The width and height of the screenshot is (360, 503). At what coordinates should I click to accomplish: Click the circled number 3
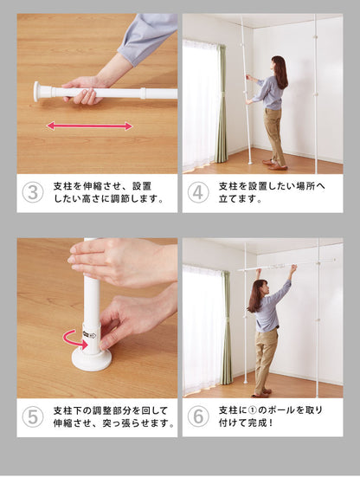click(x=33, y=192)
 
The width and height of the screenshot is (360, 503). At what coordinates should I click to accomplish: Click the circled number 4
click(x=198, y=192)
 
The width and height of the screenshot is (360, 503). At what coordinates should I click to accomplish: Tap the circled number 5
click(x=33, y=416)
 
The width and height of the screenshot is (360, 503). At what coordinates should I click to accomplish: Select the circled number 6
click(x=198, y=416)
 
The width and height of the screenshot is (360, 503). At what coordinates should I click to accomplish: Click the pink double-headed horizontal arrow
click(x=89, y=126)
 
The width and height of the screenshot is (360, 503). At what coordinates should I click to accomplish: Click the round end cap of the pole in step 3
click(x=37, y=92)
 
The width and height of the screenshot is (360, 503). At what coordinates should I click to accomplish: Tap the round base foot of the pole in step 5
click(x=92, y=360)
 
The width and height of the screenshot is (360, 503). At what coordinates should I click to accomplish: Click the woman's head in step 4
click(x=279, y=64)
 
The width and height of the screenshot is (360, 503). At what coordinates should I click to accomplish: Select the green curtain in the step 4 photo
click(x=221, y=103)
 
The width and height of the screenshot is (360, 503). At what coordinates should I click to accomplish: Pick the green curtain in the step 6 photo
click(x=226, y=327)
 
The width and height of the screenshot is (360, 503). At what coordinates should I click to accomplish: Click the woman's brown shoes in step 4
click(x=274, y=164)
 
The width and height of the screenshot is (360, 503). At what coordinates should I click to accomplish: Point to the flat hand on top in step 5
click(x=115, y=261)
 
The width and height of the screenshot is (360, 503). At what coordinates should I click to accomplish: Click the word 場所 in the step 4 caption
click(x=305, y=186)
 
